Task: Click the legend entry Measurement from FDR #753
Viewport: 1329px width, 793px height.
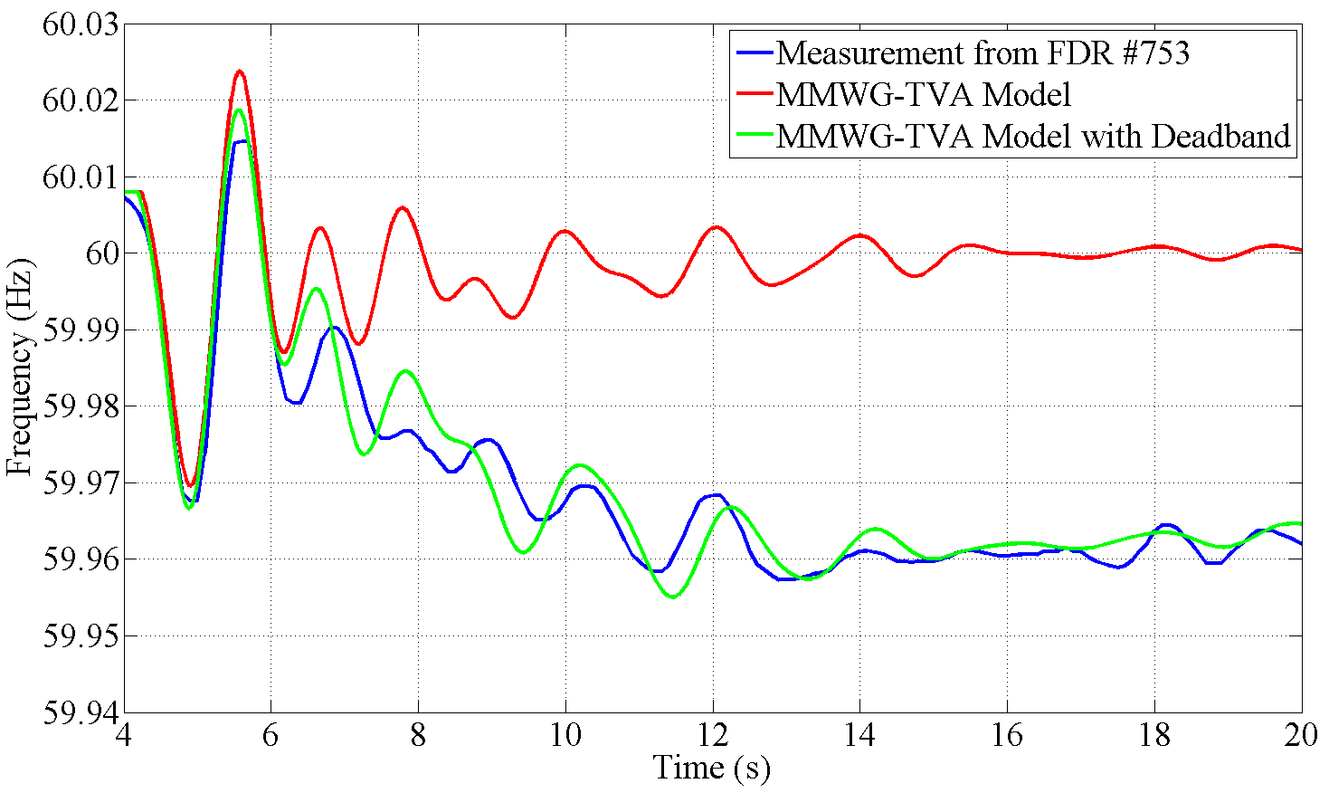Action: pyautogui.click(x=983, y=53)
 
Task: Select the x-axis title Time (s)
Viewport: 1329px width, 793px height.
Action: pyautogui.click(x=712, y=768)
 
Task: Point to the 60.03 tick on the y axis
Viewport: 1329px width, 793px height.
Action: pyautogui.click(x=81, y=24)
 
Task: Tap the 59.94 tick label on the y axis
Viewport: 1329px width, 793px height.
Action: pyautogui.click(x=81, y=712)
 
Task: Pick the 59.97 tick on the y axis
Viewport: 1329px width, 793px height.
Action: pyautogui.click(x=81, y=482)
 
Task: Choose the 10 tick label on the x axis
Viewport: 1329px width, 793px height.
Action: pyautogui.click(x=565, y=735)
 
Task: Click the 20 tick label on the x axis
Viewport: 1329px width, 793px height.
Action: pyautogui.click(x=1301, y=735)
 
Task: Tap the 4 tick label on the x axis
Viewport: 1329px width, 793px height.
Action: pyautogui.click(x=124, y=735)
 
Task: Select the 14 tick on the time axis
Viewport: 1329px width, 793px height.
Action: pyautogui.click(x=859, y=735)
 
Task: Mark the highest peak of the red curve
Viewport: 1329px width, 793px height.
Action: pyautogui.click(x=240, y=71)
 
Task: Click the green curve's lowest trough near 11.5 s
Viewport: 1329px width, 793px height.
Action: pyautogui.click(x=672, y=597)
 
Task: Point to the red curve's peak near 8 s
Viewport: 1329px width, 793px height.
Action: pyautogui.click(x=403, y=207)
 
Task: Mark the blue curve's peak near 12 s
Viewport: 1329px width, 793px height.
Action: pyautogui.click(x=717, y=494)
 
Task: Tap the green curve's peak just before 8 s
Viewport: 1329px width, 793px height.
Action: pyautogui.click(x=403, y=371)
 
